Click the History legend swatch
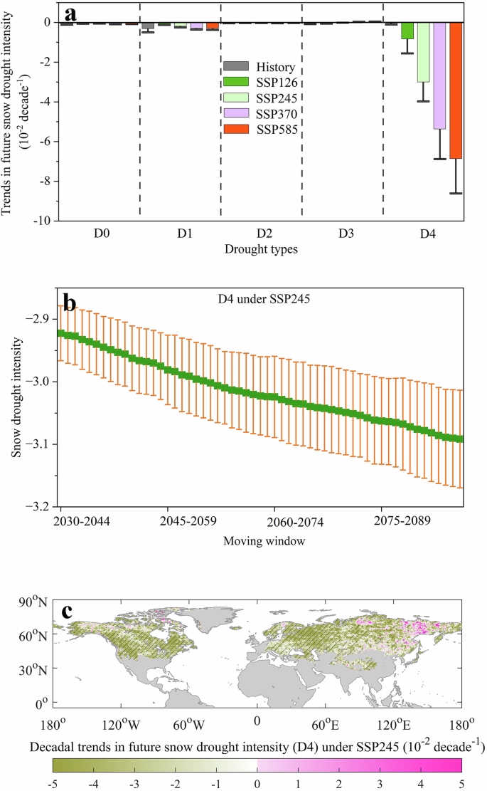click(235, 67)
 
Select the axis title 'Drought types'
click(261, 249)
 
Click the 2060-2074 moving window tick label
click(295, 522)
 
